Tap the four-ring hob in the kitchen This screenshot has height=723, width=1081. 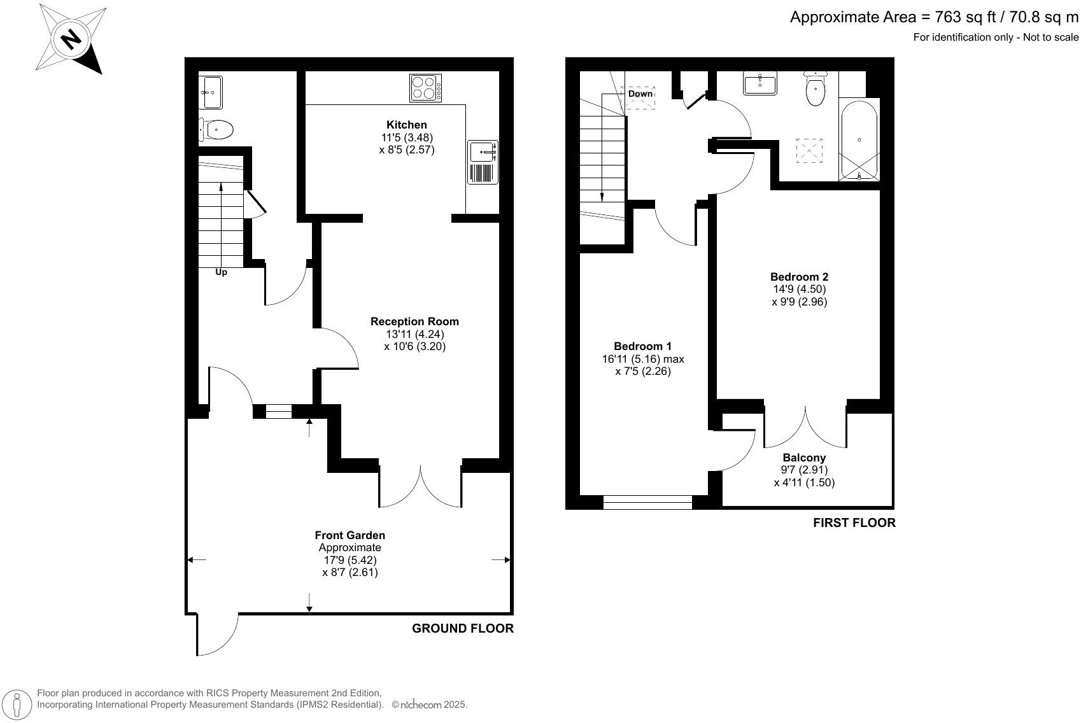(426, 88)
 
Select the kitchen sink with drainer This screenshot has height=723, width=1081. (483, 162)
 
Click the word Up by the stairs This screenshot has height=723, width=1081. (221, 272)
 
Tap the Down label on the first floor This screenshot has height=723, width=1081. (640, 94)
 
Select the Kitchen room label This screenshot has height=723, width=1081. (406, 125)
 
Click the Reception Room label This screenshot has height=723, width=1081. (414, 321)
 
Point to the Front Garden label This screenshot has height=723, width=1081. (350, 535)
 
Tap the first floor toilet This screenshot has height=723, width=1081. (815, 89)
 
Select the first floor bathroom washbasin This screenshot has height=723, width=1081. (760, 83)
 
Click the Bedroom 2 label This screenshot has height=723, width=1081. (799, 277)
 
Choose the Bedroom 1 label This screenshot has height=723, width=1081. (642, 346)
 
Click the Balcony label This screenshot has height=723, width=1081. (803, 458)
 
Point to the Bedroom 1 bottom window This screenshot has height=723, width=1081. (647, 503)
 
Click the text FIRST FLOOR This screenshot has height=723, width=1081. (854, 523)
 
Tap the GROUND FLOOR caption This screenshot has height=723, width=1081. (462, 629)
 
